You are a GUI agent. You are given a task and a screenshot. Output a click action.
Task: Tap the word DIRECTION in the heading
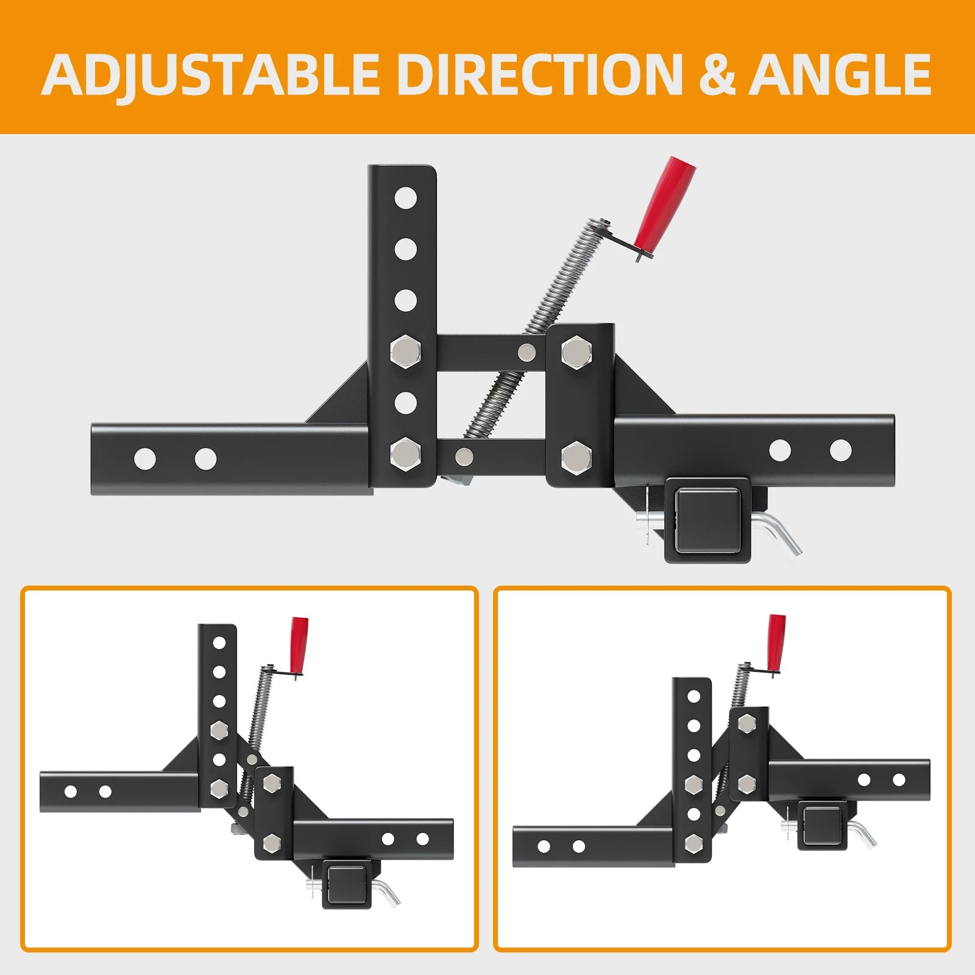[x=540, y=74]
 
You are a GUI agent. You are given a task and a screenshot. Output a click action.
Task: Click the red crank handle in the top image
[x=664, y=202]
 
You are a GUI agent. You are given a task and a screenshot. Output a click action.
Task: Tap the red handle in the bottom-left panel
[x=299, y=643]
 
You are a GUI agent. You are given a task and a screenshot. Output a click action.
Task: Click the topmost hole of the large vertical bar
[x=405, y=198]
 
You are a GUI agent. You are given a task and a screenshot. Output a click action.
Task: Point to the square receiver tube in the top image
[x=707, y=519]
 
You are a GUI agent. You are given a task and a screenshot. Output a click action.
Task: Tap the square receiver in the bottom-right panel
[x=822, y=826]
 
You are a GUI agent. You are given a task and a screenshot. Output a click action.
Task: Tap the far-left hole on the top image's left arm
[x=145, y=459]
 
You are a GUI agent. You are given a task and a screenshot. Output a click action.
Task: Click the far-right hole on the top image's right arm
[x=840, y=450]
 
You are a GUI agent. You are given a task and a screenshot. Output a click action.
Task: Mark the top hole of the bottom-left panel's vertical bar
[x=219, y=643]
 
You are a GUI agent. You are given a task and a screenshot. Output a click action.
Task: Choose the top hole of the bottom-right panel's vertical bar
[x=693, y=696]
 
